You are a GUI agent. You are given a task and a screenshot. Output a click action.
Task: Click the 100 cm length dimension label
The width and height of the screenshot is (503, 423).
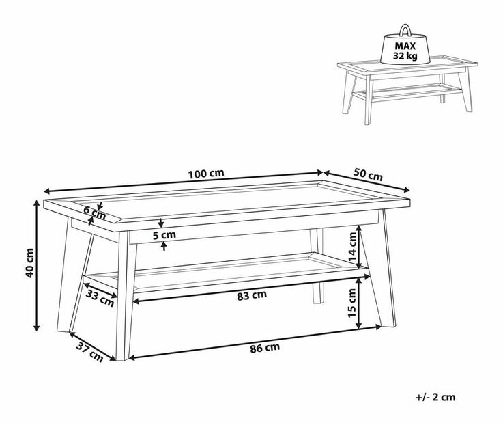pyautogui.click(x=205, y=174)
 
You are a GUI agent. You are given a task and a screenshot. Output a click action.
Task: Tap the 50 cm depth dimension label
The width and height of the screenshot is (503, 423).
pyautogui.click(x=368, y=175)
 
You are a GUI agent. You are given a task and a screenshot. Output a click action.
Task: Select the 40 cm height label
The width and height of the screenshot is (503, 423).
pyautogui.click(x=29, y=263)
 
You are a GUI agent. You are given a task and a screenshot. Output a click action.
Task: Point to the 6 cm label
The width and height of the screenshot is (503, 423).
pyautogui.click(x=95, y=213)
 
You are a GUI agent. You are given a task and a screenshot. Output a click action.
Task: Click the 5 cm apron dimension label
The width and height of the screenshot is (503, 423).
pyautogui.click(x=164, y=235)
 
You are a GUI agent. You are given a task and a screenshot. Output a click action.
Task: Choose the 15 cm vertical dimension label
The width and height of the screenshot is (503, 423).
pyautogui.click(x=352, y=303)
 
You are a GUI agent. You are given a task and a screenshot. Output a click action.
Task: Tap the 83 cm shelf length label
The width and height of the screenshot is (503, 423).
pyautogui.click(x=252, y=295)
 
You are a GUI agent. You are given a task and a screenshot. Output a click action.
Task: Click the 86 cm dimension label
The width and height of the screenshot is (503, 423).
pyautogui.click(x=265, y=348)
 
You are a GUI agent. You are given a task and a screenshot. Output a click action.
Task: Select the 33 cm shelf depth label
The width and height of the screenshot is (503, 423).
pyautogui.click(x=100, y=299)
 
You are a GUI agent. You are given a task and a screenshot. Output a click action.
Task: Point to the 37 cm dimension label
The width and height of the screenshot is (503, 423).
pyautogui.click(x=90, y=353)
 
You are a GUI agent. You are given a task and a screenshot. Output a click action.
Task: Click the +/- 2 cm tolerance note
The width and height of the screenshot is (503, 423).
pyautogui.click(x=435, y=397)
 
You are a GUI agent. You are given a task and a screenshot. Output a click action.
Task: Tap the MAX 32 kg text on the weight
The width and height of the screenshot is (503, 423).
pyautogui.click(x=405, y=51)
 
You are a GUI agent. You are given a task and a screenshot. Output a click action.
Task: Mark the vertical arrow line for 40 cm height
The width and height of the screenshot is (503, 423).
pyautogui.click(x=37, y=265)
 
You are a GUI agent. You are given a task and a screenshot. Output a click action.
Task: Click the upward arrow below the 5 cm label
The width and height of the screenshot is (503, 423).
pyautogui.click(x=164, y=246)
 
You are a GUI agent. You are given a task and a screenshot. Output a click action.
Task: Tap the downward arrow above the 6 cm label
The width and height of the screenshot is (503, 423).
pyautogui.click(x=101, y=206)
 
